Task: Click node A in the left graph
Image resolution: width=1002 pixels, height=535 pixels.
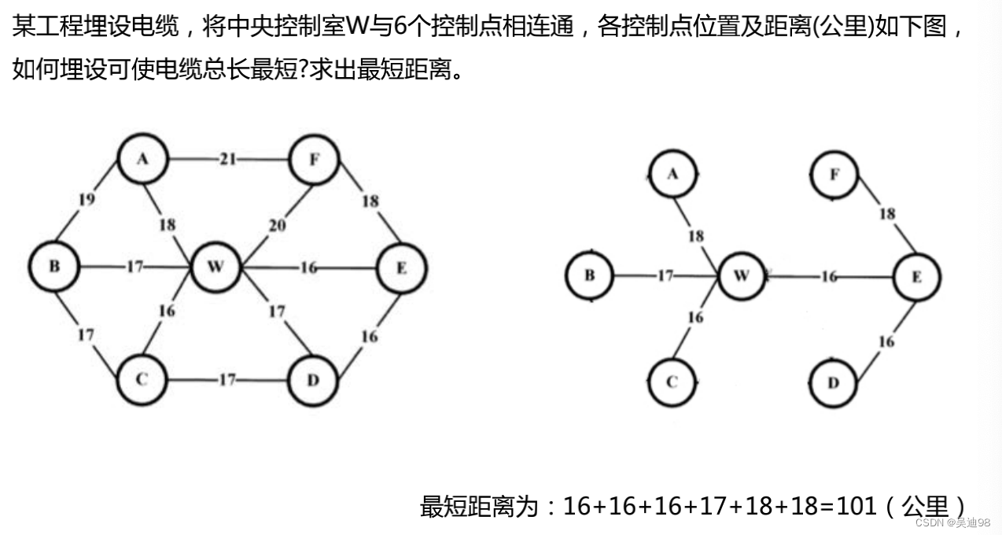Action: [142, 158]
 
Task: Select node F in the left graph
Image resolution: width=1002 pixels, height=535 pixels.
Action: [314, 160]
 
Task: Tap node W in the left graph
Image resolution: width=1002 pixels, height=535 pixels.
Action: [216, 267]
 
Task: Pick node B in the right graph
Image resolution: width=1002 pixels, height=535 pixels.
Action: [589, 275]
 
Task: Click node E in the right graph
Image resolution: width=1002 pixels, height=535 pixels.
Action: [916, 277]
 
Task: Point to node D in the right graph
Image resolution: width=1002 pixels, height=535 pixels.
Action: [834, 382]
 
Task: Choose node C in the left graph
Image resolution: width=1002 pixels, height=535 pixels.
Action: [142, 380]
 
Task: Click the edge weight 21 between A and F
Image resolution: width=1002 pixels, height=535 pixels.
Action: [228, 160]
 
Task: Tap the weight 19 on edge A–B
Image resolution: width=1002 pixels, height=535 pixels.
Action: [87, 199]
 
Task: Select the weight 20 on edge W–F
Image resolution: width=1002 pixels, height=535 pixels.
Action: [277, 226]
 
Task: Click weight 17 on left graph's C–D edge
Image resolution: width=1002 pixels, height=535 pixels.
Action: [227, 381]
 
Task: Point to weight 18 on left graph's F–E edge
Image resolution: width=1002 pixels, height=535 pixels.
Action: [370, 201]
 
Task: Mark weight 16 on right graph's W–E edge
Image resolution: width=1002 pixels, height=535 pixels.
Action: [829, 277]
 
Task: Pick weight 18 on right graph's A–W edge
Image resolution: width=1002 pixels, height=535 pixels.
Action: [696, 236]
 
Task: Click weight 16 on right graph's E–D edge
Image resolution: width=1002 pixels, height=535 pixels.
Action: [886, 341]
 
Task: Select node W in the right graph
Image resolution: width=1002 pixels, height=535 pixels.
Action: [742, 276]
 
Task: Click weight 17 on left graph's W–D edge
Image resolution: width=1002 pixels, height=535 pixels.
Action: [277, 312]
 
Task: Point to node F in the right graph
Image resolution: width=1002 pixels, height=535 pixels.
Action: [834, 174]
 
